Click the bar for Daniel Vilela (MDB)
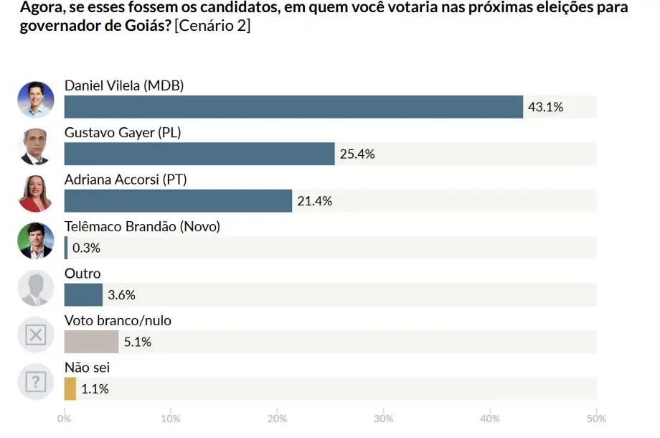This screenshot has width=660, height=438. (x=293, y=107)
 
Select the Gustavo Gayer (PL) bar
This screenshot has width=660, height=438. (x=199, y=154)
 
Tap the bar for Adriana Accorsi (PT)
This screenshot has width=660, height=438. (x=178, y=201)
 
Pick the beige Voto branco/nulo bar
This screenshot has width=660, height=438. (x=91, y=342)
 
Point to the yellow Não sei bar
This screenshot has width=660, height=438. (x=70, y=389)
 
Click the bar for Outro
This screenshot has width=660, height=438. (x=83, y=295)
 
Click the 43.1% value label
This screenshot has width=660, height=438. (x=545, y=107)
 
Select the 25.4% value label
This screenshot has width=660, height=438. (x=357, y=154)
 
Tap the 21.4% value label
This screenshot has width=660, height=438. (x=314, y=201)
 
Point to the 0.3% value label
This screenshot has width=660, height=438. (x=86, y=248)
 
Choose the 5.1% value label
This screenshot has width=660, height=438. (x=137, y=342)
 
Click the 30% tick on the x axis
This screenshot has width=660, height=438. (x=384, y=418)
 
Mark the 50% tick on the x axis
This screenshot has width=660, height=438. (x=596, y=418)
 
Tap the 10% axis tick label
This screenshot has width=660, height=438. (x=171, y=418)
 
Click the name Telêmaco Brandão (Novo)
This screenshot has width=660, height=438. (x=142, y=227)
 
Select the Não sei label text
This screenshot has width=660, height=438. (x=87, y=368)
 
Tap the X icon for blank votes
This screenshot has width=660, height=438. (x=36, y=335)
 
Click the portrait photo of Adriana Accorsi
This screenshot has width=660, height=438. (x=36, y=194)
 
